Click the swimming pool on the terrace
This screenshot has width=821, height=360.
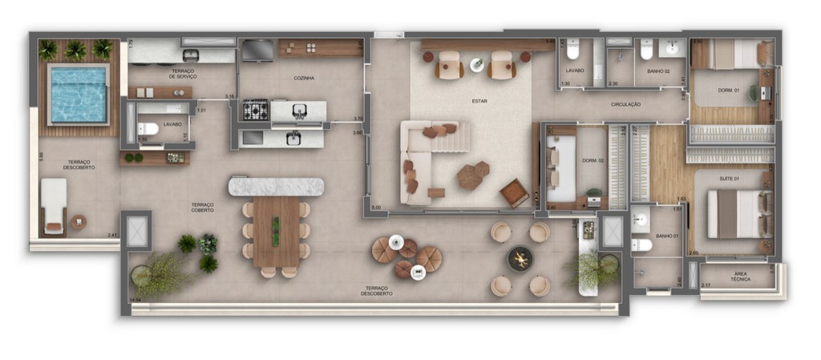click(x=79, y=94)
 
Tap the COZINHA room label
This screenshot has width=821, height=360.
click(x=303, y=78)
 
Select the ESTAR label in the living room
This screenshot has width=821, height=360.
click(x=479, y=101)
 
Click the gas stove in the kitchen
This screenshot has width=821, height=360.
click(x=255, y=109)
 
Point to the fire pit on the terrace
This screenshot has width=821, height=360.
click(x=520, y=259)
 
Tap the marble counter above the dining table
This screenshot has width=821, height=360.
click(x=276, y=187)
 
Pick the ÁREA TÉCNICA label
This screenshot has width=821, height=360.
click(x=738, y=277)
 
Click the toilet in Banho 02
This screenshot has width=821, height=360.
click(x=646, y=51)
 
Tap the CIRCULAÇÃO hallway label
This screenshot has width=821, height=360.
click(x=625, y=104)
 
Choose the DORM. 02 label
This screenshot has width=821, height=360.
click(x=592, y=160)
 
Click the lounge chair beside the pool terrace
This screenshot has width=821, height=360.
click(x=54, y=206)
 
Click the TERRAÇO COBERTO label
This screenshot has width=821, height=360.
click(x=202, y=208)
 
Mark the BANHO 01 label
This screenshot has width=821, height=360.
click(x=666, y=236)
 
